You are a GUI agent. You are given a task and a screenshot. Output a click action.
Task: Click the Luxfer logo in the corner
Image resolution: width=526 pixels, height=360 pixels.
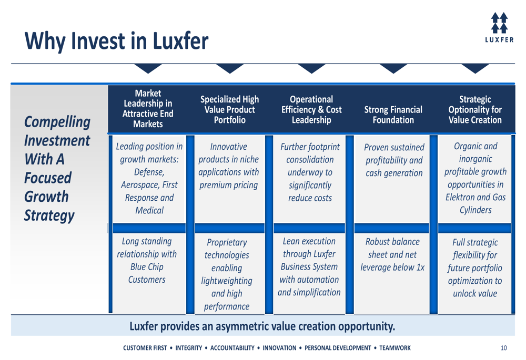point(499,27)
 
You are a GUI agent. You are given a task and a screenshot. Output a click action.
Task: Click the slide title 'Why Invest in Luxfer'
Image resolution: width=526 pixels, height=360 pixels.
point(116,41)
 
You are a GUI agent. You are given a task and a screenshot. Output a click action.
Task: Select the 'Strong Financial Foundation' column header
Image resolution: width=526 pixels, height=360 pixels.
point(393,115)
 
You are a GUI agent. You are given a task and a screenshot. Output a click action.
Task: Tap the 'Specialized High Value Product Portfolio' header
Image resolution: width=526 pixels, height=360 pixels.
point(229,110)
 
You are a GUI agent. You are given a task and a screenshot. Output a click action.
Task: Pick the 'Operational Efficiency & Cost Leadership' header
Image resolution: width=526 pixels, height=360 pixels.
point(311,110)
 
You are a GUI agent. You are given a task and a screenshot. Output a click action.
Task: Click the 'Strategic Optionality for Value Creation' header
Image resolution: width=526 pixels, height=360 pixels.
point(475,110)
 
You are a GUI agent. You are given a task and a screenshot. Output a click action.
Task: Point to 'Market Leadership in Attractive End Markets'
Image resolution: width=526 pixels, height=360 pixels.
point(148,109)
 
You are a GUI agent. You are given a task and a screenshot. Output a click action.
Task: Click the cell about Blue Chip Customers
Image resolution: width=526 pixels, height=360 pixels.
point(147,260)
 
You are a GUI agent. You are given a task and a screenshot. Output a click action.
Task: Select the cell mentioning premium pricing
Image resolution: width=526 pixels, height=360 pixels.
point(228,166)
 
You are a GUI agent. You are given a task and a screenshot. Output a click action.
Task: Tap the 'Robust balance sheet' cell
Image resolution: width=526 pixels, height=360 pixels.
point(392,254)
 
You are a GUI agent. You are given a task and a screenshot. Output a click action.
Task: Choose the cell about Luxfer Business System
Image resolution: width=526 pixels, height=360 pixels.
point(309,266)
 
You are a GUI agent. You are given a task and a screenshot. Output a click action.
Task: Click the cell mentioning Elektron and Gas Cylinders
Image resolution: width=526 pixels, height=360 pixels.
point(476,178)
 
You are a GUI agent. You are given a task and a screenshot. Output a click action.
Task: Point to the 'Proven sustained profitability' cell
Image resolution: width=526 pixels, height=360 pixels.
point(394,160)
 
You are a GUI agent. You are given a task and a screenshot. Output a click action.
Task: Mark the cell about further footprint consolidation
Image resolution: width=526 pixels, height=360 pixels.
point(310,172)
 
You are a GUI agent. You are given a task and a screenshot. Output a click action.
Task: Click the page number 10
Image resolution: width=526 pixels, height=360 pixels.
point(503,348)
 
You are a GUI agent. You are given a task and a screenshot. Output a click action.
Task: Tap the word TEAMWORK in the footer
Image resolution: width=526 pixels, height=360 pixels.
point(395,348)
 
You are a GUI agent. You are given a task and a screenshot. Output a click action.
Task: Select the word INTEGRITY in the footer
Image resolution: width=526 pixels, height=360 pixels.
point(188,348)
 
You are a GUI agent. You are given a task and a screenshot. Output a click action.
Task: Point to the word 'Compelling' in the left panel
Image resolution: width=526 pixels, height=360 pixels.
point(57,122)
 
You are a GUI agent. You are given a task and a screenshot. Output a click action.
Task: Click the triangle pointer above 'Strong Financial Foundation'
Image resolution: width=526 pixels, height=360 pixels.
point(393,68)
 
